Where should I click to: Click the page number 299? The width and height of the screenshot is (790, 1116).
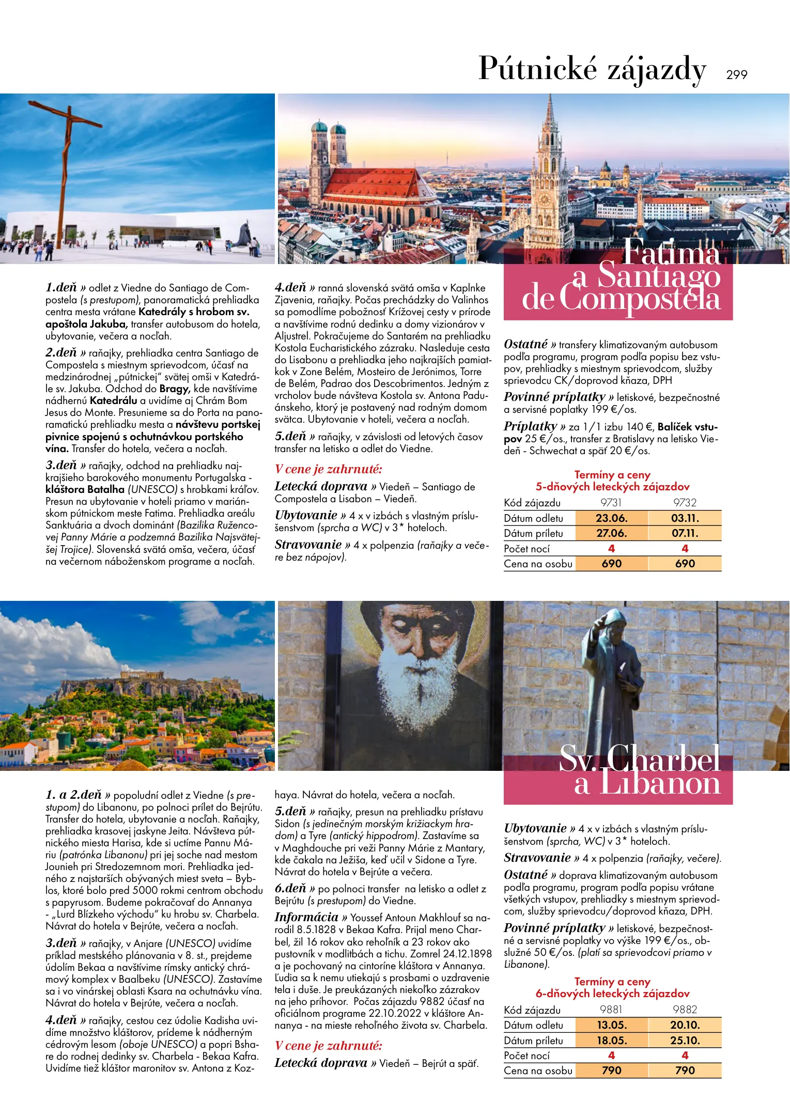(736, 75)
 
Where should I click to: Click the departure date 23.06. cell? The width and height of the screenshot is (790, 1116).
(611, 518)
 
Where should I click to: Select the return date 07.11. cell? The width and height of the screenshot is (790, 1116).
(685, 533)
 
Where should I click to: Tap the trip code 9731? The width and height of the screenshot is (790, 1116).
(611, 503)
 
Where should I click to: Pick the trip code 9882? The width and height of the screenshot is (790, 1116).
(685, 1010)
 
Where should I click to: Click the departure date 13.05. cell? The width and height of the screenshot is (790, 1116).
(611, 1025)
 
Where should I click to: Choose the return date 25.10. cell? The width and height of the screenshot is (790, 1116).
(685, 1041)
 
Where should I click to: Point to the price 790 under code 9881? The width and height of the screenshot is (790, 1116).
(611, 1071)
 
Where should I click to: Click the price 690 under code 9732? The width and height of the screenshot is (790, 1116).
(685, 564)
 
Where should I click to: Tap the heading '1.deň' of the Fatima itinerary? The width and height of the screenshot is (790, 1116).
(61, 287)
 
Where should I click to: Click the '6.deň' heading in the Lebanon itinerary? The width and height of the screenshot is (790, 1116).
(290, 888)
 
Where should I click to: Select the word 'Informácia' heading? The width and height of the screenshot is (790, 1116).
(306, 917)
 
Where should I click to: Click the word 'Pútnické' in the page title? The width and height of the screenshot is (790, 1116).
(538, 69)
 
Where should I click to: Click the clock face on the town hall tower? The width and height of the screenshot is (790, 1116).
(545, 198)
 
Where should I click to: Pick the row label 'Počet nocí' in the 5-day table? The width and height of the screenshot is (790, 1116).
(527, 549)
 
